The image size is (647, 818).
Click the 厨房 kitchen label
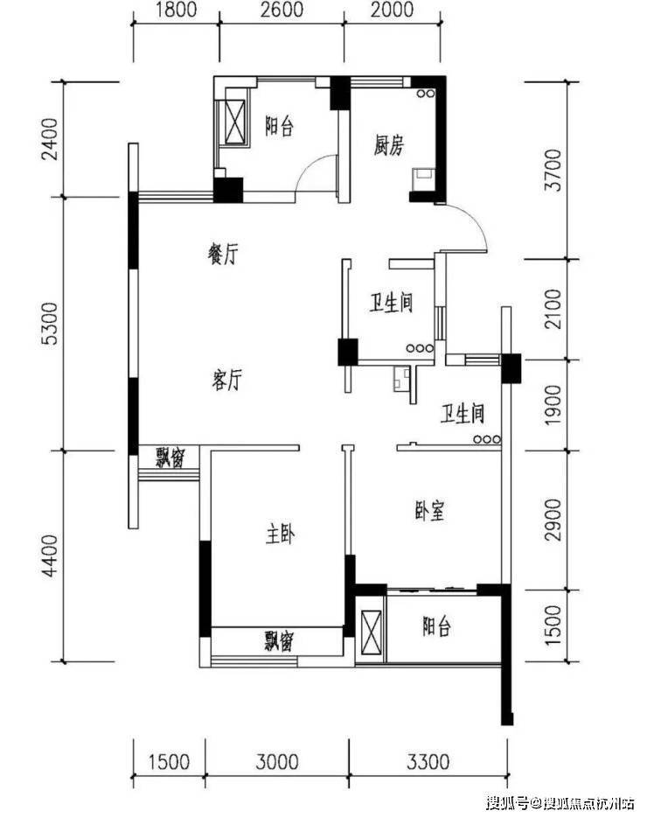[389, 145]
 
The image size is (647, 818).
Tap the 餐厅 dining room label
[223, 254]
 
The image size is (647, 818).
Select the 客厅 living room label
[226, 380]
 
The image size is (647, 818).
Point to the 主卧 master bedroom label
[280, 535]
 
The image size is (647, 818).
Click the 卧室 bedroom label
[430, 511]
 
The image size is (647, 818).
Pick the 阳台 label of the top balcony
[279, 126]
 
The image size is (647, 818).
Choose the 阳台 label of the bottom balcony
[436, 626]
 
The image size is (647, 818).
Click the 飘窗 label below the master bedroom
[279, 641]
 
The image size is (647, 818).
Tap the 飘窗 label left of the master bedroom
[170, 458]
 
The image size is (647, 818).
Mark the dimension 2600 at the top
[282, 10]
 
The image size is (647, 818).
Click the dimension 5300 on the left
[51, 324]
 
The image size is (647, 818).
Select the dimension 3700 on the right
[553, 170]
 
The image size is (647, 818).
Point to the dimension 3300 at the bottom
[428, 762]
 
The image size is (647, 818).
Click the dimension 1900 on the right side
[553, 405]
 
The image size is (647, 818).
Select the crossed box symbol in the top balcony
[235, 120]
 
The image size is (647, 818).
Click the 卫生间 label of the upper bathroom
[392, 303]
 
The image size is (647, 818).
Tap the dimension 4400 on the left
[51, 556]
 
